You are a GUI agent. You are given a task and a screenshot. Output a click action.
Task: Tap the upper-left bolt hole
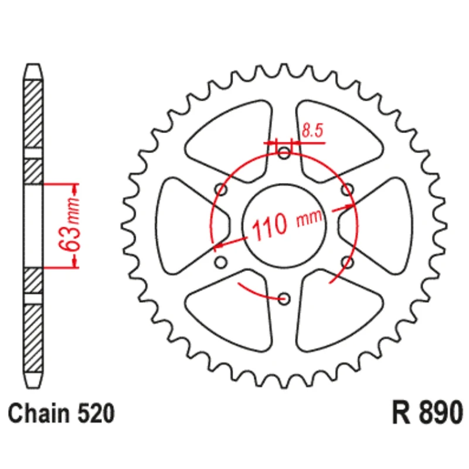221,189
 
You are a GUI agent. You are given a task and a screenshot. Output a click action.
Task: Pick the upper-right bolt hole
348,189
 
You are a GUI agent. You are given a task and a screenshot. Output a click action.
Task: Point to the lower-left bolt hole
221,262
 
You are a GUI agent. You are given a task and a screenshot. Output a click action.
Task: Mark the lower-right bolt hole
348,262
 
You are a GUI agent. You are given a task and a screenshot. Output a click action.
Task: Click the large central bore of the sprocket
284,226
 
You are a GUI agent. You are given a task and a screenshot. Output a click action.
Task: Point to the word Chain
38,413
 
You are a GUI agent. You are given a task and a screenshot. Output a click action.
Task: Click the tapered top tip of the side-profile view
33,71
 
